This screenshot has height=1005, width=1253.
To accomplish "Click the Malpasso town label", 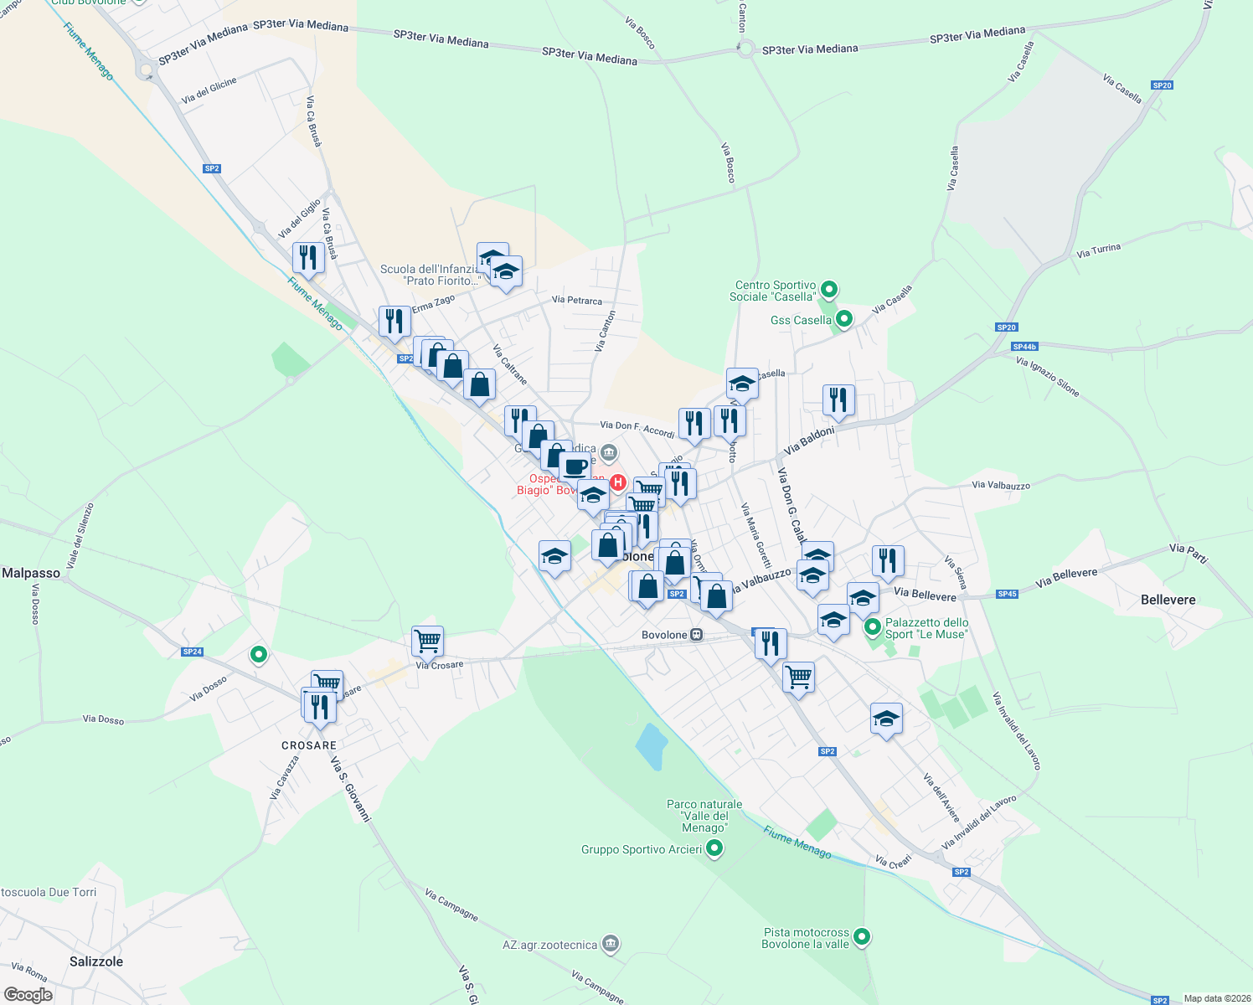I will (31, 574).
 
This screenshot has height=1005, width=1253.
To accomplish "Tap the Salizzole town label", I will (96, 961).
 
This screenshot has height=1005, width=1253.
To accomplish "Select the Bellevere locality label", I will (1168, 600).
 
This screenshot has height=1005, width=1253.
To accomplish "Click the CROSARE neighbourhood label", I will (309, 745).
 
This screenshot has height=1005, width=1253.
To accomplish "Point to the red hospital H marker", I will (618, 482).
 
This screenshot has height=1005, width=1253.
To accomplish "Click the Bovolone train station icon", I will (696, 635).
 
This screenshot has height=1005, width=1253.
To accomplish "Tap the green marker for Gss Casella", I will (844, 319).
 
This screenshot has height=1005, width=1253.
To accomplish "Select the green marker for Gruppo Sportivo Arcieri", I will (714, 849).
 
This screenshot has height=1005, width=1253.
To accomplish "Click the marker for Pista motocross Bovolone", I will (862, 937).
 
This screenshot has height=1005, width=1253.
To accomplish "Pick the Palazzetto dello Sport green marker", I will (872, 626).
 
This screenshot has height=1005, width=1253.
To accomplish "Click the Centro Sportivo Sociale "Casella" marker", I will (829, 290).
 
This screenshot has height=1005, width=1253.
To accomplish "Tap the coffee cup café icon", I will (575, 466).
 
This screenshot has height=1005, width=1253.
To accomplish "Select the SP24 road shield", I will (192, 652).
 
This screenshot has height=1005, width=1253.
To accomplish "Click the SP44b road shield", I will (1024, 347).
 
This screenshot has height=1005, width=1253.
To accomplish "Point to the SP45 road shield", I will (1007, 595).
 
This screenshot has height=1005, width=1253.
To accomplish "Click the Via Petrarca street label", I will (576, 300).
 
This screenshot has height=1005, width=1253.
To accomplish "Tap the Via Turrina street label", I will (1098, 250).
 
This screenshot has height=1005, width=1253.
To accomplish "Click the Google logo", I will (28, 995).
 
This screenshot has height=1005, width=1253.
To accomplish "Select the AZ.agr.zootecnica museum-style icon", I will (611, 944).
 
